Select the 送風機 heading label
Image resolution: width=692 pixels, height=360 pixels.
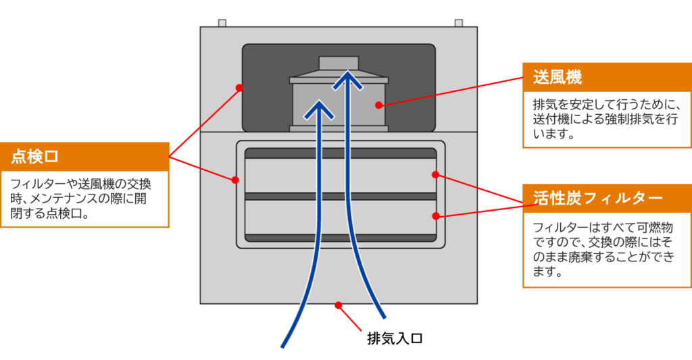(x=558, y=77)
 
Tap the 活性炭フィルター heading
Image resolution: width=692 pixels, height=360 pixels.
(x=597, y=198)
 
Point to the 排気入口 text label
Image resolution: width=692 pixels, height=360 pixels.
(x=395, y=338)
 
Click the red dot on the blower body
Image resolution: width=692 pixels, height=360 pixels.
(x=378, y=105)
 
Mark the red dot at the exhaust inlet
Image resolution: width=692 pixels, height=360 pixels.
(x=338, y=305)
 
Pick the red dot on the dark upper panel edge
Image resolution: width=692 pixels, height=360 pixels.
(x=239, y=88)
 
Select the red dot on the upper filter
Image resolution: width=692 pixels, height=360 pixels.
(x=435, y=175)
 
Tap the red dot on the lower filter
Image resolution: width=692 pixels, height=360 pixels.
(x=436, y=216)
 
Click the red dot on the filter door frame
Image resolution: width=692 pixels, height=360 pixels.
(x=235, y=180)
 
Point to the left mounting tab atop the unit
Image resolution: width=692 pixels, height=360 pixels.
(x=222, y=23)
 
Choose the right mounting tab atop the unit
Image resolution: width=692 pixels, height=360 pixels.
(x=459, y=23)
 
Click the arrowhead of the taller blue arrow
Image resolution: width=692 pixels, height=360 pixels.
(x=348, y=80)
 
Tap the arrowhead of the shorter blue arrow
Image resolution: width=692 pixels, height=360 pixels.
(x=319, y=109)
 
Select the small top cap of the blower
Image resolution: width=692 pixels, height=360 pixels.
(x=339, y=63)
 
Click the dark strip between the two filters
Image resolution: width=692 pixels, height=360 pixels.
(x=341, y=197)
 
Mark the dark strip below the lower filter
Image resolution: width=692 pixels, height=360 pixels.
(x=341, y=238)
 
